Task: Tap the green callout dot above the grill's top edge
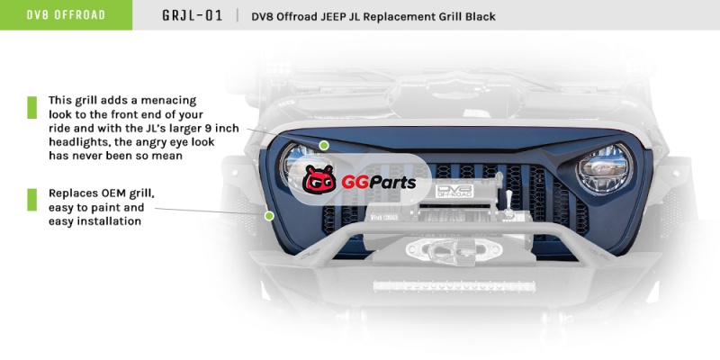(x=324, y=144)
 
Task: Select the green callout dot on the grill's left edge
(x=268, y=215)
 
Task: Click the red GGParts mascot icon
(x=319, y=180)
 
